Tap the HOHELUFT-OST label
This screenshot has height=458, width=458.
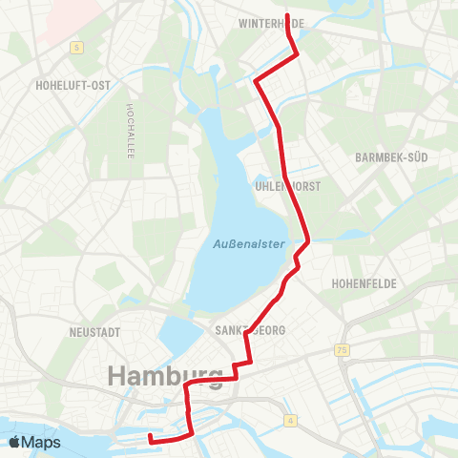[x=73, y=85]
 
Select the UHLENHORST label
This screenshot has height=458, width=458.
[x=288, y=186]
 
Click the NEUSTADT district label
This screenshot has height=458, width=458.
[x=94, y=332]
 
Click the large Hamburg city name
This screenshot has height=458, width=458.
[x=166, y=375]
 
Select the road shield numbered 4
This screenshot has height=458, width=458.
[x=288, y=419]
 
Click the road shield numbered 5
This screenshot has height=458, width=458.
[x=76, y=46]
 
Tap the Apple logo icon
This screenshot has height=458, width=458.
[x=16, y=442]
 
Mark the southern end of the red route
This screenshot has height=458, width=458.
[x=151, y=438]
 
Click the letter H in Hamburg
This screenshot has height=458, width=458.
[x=118, y=375]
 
